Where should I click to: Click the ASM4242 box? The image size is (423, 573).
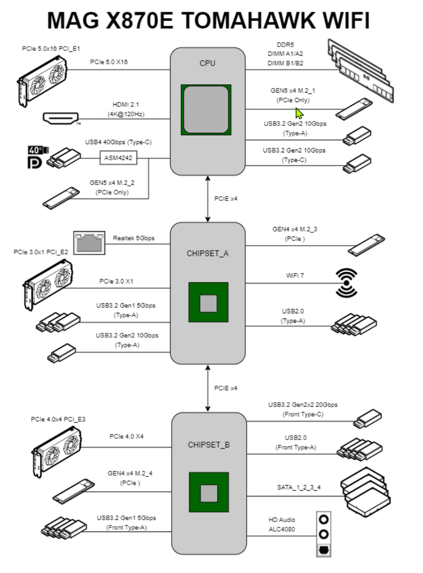[x=118, y=158]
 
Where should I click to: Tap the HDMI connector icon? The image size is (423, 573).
[x=61, y=118]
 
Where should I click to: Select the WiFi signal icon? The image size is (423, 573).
[x=346, y=283]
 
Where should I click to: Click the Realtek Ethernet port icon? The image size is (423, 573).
[x=89, y=243]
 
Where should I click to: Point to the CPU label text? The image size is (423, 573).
[x=207, y=63]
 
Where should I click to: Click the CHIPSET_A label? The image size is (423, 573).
[x=208, y=253]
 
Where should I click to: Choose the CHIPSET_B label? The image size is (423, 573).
[x=209, y=445]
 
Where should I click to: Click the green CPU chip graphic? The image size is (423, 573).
[x=206, y=109]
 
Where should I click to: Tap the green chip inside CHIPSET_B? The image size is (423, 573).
[x=209, y=492]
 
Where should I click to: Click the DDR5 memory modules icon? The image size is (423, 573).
[x=360, y=70]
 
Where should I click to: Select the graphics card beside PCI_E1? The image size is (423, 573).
[x=43, y=79]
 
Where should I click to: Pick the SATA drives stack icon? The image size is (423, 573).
[x=366, y=492]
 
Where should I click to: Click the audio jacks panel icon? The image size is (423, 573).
[x=324, y=534]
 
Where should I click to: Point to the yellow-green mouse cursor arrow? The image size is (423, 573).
[x=299, y=113]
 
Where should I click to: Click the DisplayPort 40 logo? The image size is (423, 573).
[x=36, y=157]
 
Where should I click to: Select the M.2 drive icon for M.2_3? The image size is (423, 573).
[x=366, y=244]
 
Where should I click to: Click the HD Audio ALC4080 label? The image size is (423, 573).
[x=282, y=524]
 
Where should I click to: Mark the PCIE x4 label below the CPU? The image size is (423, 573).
[x=226, y=199]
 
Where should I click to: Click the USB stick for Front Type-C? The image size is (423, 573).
[x=367, y=418]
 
